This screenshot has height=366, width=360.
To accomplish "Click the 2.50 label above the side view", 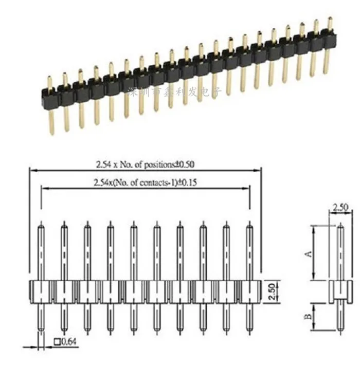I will tap(341, 208).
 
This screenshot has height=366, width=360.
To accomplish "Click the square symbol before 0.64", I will tap(57, 341).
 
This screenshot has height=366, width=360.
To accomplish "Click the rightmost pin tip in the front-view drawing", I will tap(249, 224).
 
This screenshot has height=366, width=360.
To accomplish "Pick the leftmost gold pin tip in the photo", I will tap(49, 78).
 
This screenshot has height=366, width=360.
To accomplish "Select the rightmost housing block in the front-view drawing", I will tap(249, 291).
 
